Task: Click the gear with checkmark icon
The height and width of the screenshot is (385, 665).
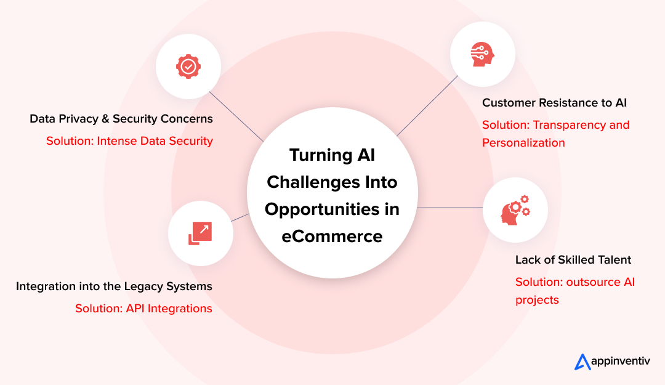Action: click(x=188, y=66)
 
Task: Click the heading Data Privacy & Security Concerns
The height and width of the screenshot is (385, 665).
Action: click(x=121, y=119)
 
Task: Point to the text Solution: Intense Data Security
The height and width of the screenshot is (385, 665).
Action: click(x=129, y=141)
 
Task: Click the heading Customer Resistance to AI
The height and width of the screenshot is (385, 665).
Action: click(x=554, y=103)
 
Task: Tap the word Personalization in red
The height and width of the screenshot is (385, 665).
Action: click(x=523, y=143)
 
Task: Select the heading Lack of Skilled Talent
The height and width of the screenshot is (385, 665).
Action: click(x=573, y=260)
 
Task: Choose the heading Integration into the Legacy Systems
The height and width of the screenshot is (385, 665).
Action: click(x=114, y=286)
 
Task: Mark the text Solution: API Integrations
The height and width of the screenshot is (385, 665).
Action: click(x=143, y=309)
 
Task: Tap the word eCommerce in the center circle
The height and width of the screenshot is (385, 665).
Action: click(x=332, y=237)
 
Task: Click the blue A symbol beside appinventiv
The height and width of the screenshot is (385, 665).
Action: click(x=582, y=362)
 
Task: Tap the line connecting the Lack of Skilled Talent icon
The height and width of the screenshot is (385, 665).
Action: click(x=449, y=208)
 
